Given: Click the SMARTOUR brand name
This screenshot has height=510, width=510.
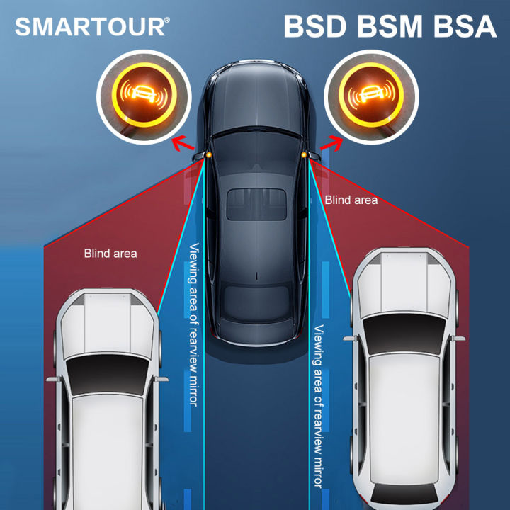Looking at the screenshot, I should point(89,27).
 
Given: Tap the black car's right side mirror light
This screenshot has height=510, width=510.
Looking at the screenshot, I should point(305,153).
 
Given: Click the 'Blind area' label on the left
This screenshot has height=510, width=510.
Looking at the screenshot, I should point(110,253).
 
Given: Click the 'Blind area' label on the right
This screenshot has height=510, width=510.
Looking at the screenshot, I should point(351,200).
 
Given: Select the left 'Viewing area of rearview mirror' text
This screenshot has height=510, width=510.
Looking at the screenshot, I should point(193,324).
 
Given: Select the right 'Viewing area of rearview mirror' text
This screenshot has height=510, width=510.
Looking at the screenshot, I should point(318,404).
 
